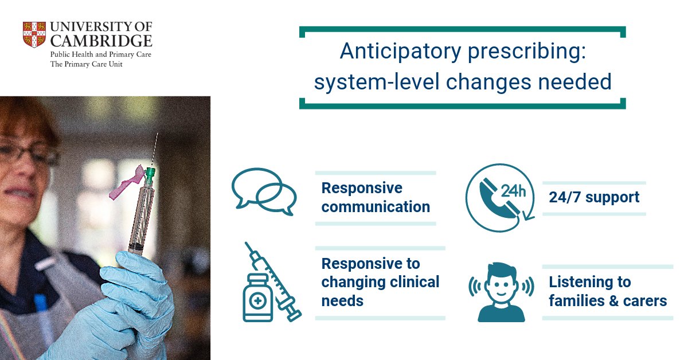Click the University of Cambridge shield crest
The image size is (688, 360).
coord(34,34)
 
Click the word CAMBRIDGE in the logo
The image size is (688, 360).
coord(101,41)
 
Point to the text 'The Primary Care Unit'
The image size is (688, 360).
coord(87,64)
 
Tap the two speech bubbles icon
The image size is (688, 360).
coord(264,191)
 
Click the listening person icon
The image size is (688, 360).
coord(502,291)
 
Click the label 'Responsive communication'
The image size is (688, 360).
coord(376,197)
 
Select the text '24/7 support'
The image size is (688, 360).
coord(594,197)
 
